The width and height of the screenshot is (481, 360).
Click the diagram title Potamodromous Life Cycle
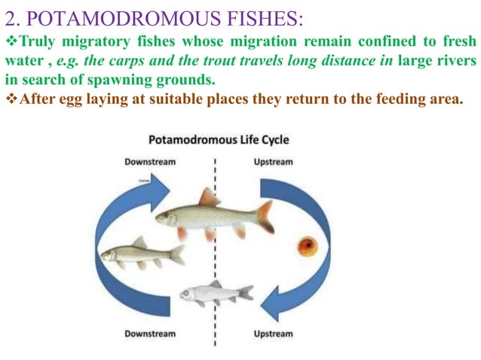pos(219,140)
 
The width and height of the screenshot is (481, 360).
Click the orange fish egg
pos(305,246)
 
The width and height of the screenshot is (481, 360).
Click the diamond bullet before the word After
pos(10,99)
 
